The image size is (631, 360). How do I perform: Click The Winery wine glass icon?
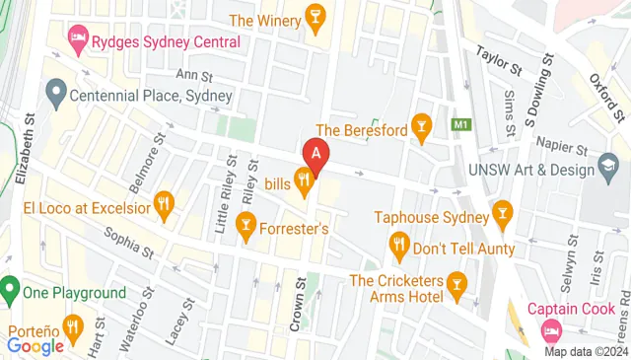(315, 19)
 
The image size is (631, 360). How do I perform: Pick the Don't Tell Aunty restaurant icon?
(399, 244)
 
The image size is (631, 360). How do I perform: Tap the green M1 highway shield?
(459, 125)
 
